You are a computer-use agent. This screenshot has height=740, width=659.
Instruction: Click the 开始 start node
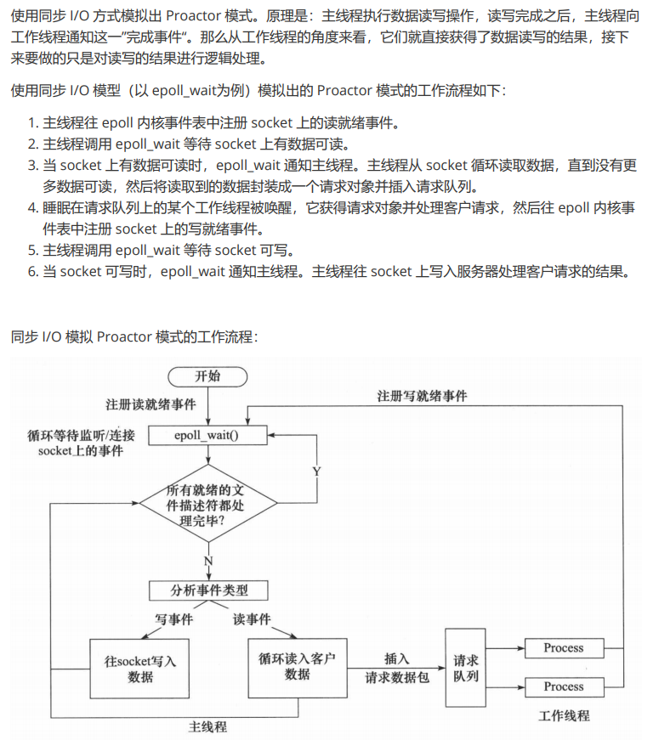[207, 376]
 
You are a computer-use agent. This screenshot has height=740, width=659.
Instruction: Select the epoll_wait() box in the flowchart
[207, 435]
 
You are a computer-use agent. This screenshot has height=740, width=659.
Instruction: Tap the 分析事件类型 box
[209, 590]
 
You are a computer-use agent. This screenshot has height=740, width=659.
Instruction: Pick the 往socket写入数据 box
[141, 668]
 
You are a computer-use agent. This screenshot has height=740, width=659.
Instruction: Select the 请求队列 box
[465, 668]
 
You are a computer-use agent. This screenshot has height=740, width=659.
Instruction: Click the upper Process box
[564, 647]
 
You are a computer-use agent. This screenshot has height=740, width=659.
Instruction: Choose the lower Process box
[564, 686]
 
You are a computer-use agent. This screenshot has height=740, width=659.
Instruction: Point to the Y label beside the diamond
[316, 471]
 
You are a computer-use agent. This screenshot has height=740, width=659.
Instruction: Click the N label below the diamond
[207, 562]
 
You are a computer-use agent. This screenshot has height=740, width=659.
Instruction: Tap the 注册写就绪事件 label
[423, 396]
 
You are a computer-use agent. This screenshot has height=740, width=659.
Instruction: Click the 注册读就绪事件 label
[151, 404]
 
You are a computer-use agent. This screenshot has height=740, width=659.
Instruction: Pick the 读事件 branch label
[252, 619]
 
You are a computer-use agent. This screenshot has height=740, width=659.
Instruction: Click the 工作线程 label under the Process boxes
[564, 715]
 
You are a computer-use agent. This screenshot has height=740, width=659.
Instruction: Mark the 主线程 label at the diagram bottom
[207, 727]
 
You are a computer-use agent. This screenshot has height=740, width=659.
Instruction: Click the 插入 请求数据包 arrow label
[397, 668]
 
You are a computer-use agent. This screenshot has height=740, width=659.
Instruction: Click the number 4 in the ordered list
[31, 207]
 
